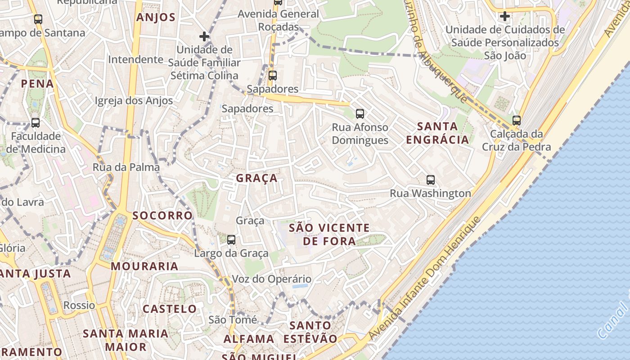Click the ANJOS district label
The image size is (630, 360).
pyautogui.click(x=156, y=18)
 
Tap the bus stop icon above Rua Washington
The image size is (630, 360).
pyautogui.click(x=431, y=180)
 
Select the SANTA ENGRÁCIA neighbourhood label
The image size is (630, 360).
pyautogui.click(x=437, y=133)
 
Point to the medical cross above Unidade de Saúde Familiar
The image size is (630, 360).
pyautogui.click(x=204, y=36)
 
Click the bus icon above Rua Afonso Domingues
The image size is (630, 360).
pyautogui.click(x=360, y=113)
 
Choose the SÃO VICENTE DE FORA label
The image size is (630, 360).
pyautogui.click(x=329, y=234)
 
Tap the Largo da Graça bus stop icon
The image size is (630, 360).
pyautogui.click(x=231, y=240)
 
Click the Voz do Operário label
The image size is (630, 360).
pyautogui.click(x=271, y=279)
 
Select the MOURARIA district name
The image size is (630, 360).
pyautogui.click(x=144, y=266)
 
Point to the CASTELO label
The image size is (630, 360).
pyautogui.click(x=170, y=309)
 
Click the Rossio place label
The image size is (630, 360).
pyautogui.click(x=79, y=305)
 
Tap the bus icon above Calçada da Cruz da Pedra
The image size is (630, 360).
pyautogui.click(x=517, y=120)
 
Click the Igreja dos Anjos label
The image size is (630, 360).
pyautogui.click(x=134, y=100)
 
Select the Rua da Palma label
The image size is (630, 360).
pyautogui.click(x=126, y=167)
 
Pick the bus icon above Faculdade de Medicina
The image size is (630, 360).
pyautogui.click(x=35, y=122)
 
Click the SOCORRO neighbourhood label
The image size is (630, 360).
pyautogui.click(x=162, y=215)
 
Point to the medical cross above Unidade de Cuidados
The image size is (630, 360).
pyautogui.click(x=505, y=17)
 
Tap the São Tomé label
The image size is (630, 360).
pyautogui.click(x=233, y=319)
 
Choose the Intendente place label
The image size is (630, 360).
pyautogui.click(x=135, y=59)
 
